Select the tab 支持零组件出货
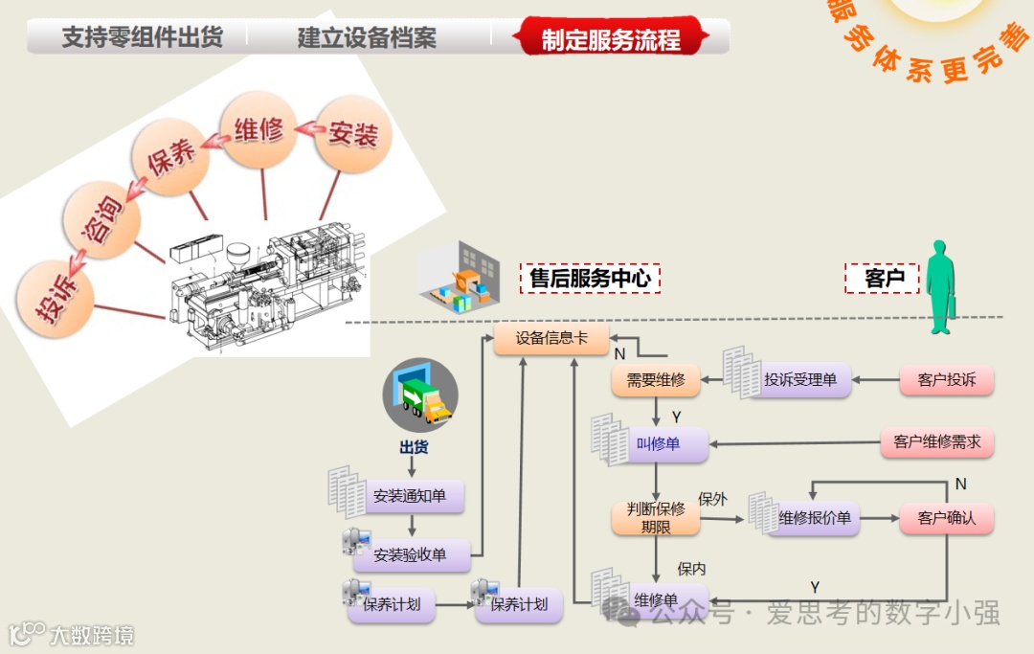pyautogui.click(x=142, y=37)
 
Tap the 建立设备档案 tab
pyautogui.click(x=367, y=38)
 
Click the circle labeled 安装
pyautogui.click(x=351, y=133)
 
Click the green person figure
pyautogui.click(x=940, y=286)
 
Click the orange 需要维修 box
pyautogui.click(x=656, y=380)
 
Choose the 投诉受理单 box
pyautogui.click(x=799, y=380)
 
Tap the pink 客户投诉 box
pyautogui.click(x=946, y=380)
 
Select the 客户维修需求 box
pyautogui.click(x=936, y=442)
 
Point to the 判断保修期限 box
pyautogui.click(x=656, y=518)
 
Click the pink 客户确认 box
pyautogui.click(x=946, y=518)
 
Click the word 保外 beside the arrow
pyautogui.click(x=712, y=499)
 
